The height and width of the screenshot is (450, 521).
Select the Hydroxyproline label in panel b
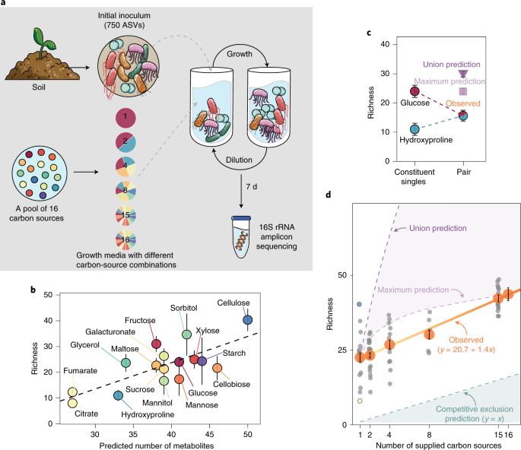(146, 414)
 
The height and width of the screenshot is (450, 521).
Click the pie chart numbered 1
(126, 119)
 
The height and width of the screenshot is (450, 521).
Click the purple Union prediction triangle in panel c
(462, 73)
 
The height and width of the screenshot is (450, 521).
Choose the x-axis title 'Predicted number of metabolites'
(156, 445)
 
